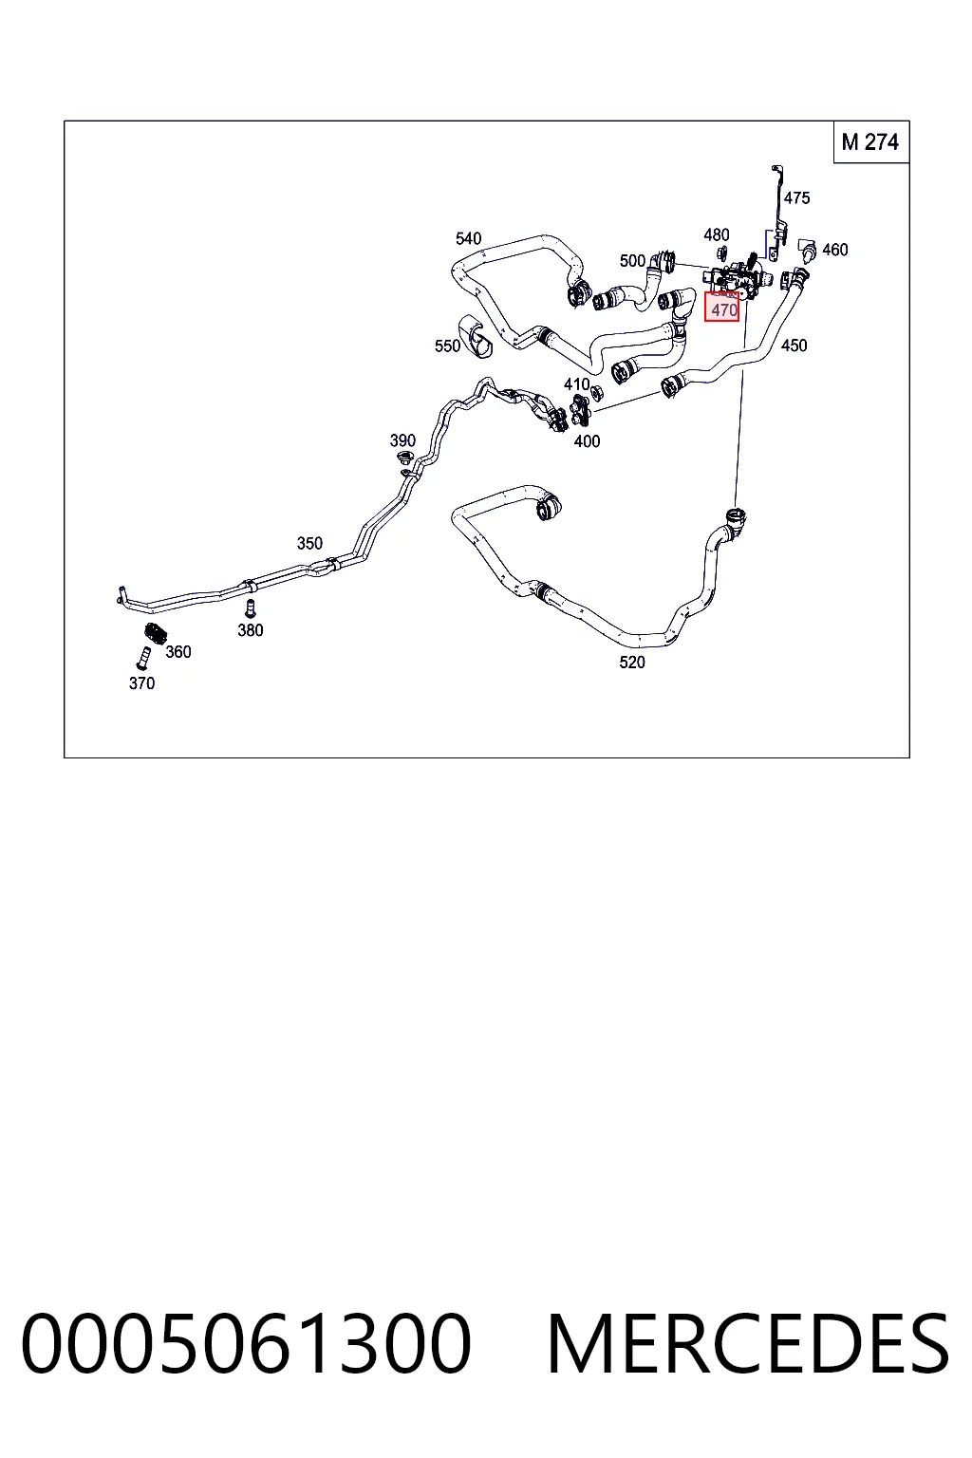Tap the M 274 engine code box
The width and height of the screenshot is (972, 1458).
point(870,141)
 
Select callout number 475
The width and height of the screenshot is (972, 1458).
point(796,197)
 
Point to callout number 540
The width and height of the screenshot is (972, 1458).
point(468,239)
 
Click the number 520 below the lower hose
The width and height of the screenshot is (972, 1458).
point(631,663)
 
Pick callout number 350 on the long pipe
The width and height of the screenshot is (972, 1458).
point(309,544)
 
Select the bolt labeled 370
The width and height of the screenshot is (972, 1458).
point(142,659)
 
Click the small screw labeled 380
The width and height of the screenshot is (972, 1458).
point(250,608)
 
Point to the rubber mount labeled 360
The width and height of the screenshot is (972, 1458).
point(155,633)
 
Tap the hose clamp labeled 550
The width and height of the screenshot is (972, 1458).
point(475,336)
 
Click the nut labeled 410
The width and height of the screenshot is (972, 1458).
point(596,392)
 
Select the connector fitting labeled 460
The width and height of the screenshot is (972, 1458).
point(807,250)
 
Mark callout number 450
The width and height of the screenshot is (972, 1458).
point(794,346)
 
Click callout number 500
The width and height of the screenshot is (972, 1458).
point(632,261)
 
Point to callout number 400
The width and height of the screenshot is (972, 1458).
point(587,442)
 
